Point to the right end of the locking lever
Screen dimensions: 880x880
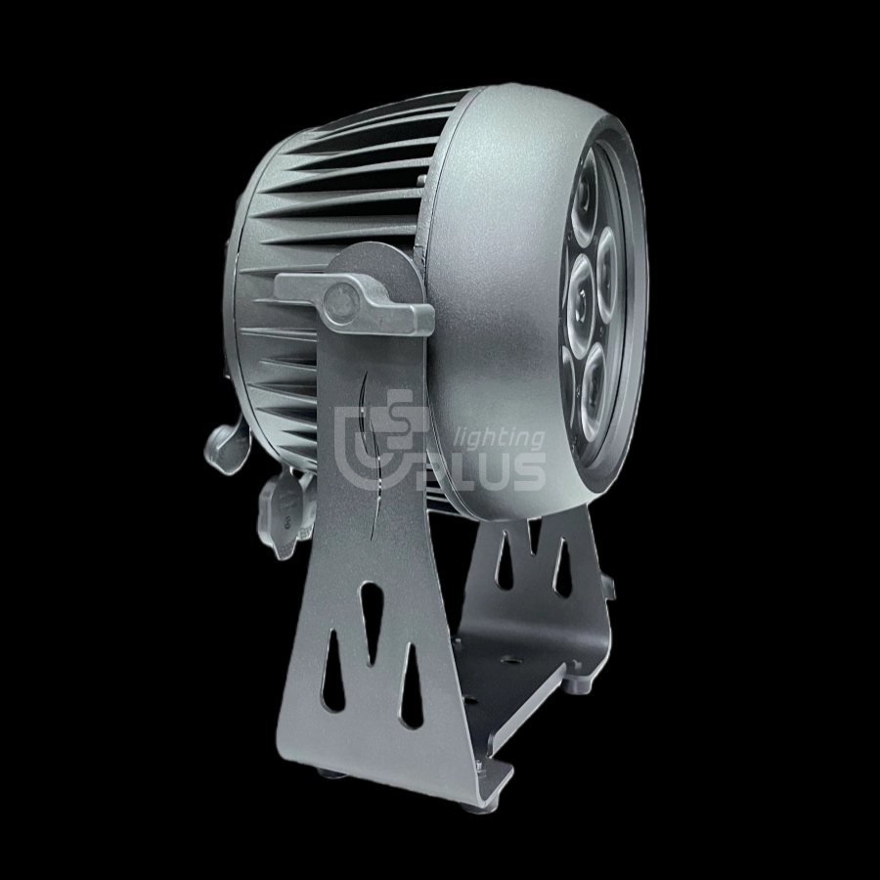point(429,320)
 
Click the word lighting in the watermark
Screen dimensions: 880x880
point(502,439)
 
